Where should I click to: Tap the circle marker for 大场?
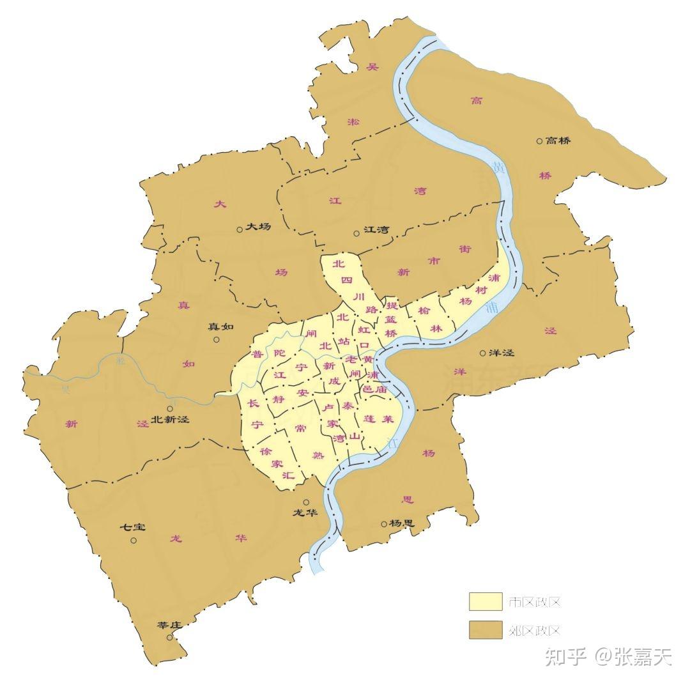point(239,228)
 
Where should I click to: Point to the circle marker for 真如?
point(217,340)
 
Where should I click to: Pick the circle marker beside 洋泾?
point(483,353)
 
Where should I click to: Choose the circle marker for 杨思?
point(384,524)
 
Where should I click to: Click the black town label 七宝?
point(134,528)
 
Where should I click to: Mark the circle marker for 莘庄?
point(169,637)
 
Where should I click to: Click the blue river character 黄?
point(497,167)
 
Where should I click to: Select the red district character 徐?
point(266,450)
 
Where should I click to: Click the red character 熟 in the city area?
point(318,456)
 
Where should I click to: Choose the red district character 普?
point(257,355)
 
